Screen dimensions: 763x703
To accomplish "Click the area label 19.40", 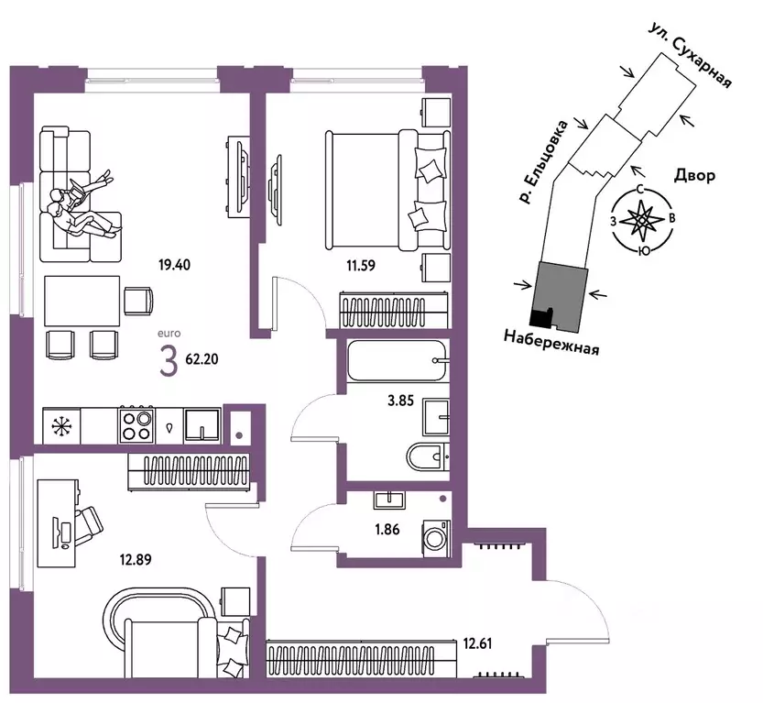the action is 174,265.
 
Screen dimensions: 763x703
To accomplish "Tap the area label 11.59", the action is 361,265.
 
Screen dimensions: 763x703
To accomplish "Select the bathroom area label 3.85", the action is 400,401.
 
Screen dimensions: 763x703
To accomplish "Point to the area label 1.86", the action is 387,529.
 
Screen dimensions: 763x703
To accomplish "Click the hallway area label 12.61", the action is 477,643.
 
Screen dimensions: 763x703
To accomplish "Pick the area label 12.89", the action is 136,559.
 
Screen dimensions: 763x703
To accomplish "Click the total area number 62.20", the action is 202,359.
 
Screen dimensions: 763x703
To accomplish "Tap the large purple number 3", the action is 169,363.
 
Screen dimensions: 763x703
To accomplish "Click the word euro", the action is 169,334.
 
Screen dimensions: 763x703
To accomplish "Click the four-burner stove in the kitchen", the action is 136,425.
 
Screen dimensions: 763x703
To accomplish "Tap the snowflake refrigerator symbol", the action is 61,426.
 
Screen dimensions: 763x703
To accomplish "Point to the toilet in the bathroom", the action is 428,456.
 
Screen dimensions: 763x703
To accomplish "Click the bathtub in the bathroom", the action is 397,361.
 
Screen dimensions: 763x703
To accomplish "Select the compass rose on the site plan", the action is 642,221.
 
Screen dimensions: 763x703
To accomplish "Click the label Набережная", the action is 550,342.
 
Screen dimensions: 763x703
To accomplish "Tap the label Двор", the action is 695,175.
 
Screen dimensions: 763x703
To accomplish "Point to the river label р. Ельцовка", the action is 542,161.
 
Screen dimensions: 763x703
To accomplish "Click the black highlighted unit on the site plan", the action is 540,318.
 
